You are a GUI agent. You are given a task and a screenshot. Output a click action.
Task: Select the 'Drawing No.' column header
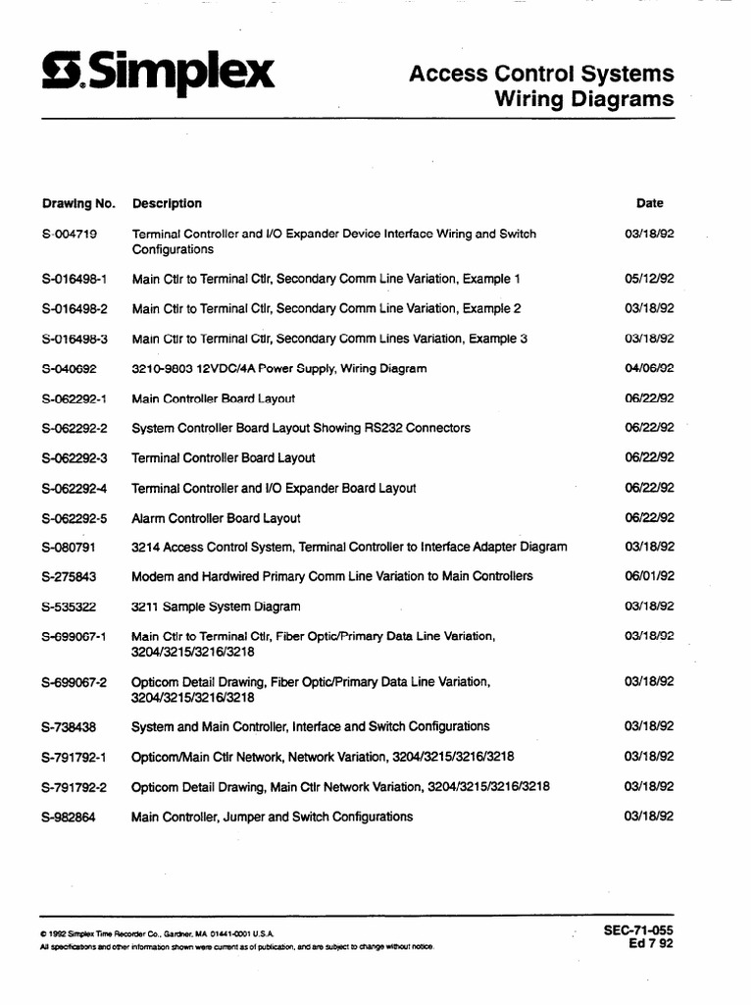point(78,203)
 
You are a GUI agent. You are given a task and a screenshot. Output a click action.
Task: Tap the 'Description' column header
point(167,203)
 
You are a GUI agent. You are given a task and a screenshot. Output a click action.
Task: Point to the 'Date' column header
point(649,203)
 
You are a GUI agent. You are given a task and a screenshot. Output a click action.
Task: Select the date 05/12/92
point(649,279)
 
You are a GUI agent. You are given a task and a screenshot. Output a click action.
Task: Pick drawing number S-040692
point(69,369)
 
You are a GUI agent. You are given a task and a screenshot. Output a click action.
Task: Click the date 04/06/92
point(649,369)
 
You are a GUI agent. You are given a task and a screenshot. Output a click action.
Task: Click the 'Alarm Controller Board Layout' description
point(216,518)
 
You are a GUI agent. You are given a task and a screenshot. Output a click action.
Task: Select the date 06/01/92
point(649,576)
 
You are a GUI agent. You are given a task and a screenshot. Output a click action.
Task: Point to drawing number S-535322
point(69,607)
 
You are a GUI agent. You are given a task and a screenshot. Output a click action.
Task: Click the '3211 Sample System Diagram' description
point(216,607)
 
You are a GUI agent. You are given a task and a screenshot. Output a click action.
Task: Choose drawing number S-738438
point(69,726)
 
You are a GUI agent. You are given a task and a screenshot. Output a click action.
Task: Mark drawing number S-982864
point(69,817)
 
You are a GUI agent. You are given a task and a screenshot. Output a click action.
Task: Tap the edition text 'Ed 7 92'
point(651,944)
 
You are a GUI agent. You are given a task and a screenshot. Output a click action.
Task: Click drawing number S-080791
point(69,547)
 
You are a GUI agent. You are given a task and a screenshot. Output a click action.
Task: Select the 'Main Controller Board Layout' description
point(213,399)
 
